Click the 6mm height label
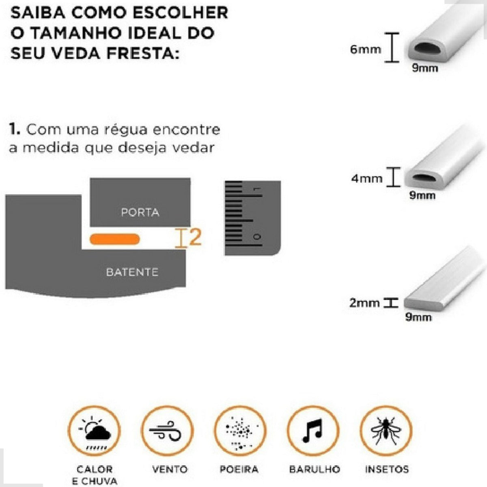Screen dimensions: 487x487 pyautogui.click(x=366, y=50)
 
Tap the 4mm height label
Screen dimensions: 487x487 pyautogui.click(x=366, y=178)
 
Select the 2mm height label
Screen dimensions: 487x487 pyautogui.click(x=364, y=303)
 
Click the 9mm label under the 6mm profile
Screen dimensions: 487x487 pyautogui.click(x=425, y=68)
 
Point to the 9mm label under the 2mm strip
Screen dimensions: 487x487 pyautogui.click(x=418, y=317)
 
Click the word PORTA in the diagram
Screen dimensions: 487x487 pyautogui.click(x=140, y=212)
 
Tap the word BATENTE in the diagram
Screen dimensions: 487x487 pyautogui.click(x=132, y=272)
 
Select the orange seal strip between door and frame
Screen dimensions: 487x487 pyautogui.click(x=115, y=239)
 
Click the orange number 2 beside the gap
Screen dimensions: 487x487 pyautogui.click(x=195, y=237)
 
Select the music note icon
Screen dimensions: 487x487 pyautogui.click(x=312, y=430)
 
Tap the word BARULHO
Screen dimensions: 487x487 pyautogui.click(x=314, y=470)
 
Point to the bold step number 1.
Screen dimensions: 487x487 pyautogui.click(x=14, y=130)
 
